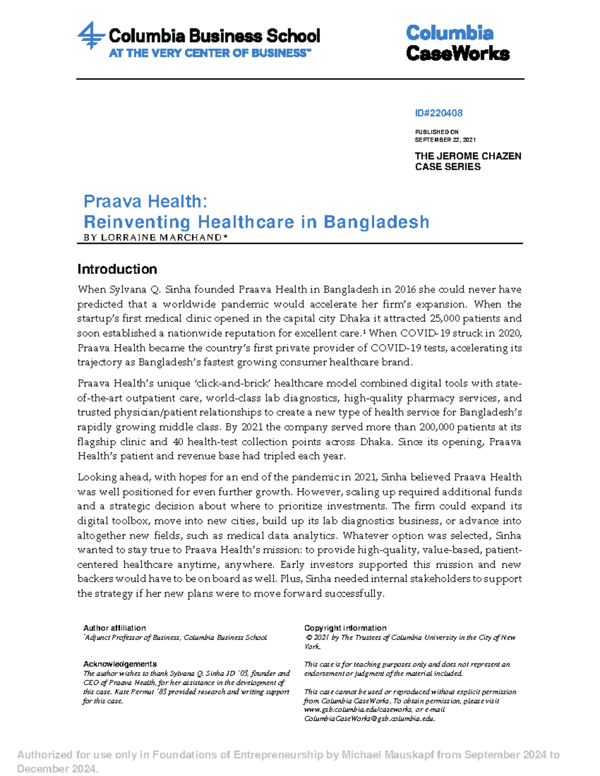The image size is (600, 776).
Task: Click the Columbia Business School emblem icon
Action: pyautogui.click(x=91, y=35)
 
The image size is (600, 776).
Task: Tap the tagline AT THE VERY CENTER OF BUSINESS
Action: pyautogui.click(x=209, y=53)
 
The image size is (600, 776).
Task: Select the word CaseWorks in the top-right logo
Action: pyautogui.click(x=457, y=53)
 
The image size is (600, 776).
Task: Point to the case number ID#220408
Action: pyautogui.click(x=438, y=113)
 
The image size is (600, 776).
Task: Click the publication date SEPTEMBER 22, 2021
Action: pyautogui.click(x=445, y=140)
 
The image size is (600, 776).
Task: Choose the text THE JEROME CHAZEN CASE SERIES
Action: pyautogui.click(x=467, y=161)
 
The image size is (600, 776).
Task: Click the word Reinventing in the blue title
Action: pyautogui.click(x=136, y=221)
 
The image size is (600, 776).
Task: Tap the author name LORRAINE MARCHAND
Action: pyautogui.click(x=161, y=237)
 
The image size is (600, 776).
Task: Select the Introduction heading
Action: pyautogui.click(x=117, y=269)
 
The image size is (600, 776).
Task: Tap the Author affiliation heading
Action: pyautogui.click(x=114, y=628)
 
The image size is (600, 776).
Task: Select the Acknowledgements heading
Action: pyautogui.click(x=120, y=664)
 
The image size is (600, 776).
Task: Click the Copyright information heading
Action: pyautogui.click(x=345, y=628)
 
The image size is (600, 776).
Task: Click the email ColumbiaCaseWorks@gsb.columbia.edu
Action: pyautogui.click(x=369, y=719)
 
